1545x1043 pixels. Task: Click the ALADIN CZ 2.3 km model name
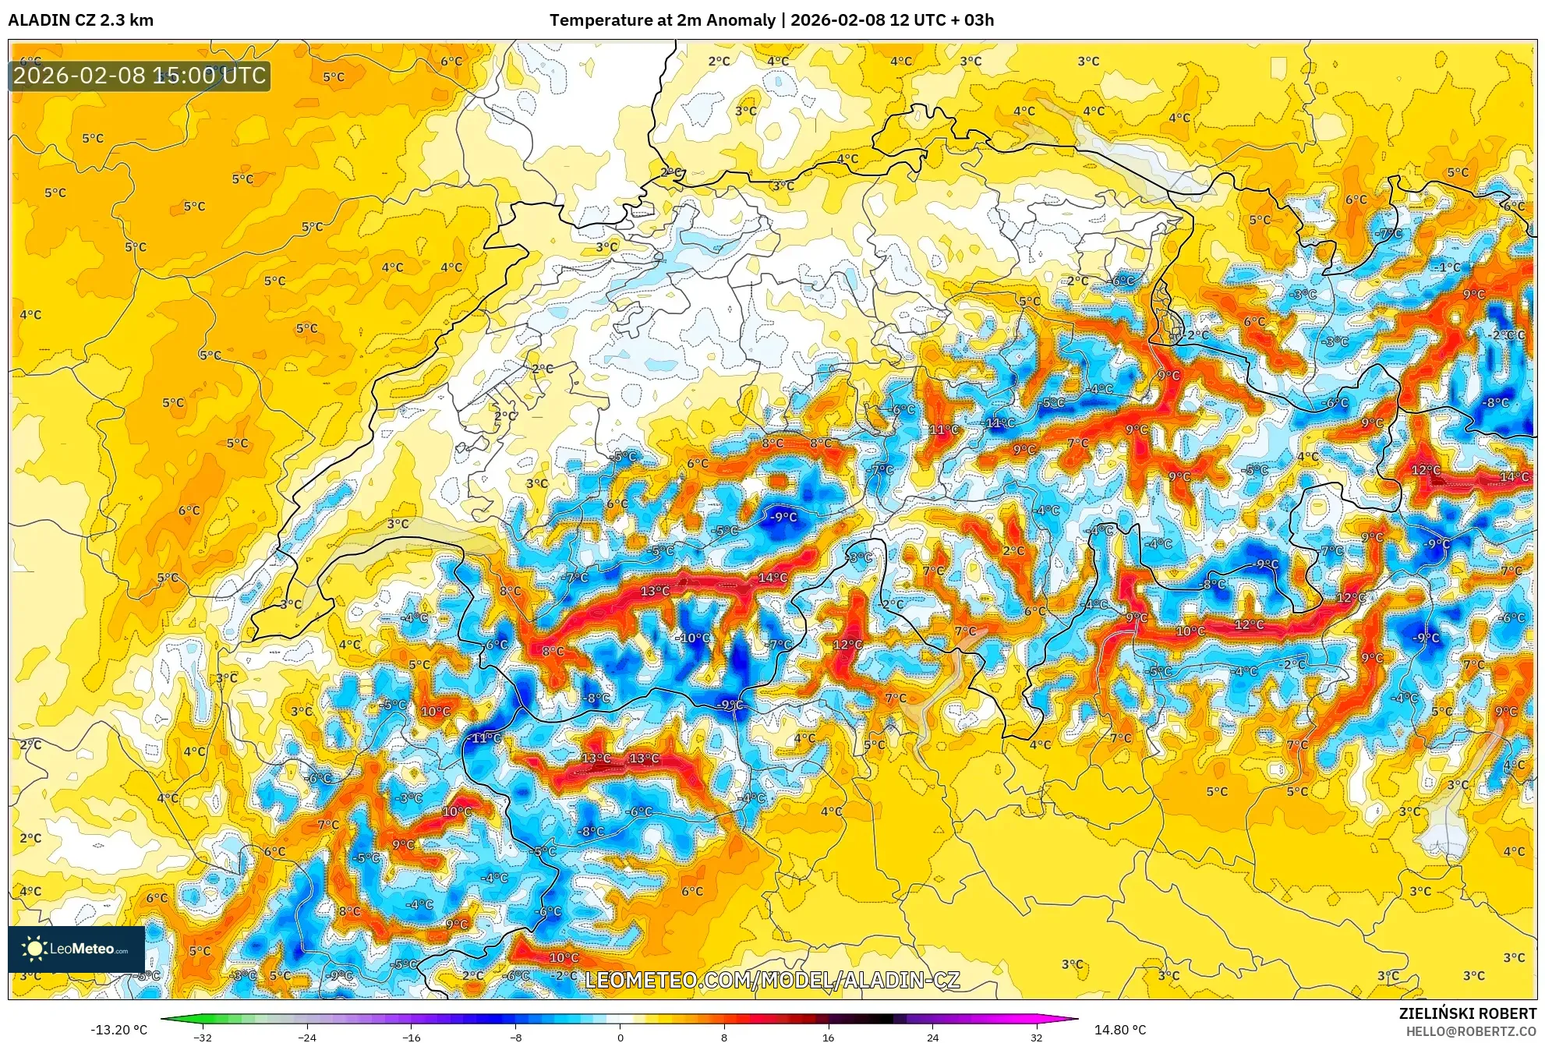tap(81, 20)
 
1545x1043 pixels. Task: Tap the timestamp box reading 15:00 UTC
tap(140, 76)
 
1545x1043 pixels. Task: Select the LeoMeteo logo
tap(76, 949)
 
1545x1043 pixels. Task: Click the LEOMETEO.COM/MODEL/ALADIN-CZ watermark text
tap(772, 980)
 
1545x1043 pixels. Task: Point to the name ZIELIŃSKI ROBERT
tap(1467, 1013)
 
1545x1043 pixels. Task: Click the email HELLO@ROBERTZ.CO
tap(1471, 1031)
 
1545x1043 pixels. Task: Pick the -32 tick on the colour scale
tap(203, 1037)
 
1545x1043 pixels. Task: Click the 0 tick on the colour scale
tap(620, 1037)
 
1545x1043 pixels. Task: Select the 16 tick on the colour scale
tap(828, 1037)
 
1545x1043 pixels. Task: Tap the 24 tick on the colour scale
tap(932, 1037)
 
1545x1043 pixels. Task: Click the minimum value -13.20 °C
tap(118, 1030)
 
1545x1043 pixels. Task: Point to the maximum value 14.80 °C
tap(1120, 1030)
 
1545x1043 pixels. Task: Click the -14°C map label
tap(999, 423)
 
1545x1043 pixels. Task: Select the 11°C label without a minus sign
tap(944, 430)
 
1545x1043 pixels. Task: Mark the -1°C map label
tap(1448, 267)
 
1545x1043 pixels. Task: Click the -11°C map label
tap(485, 737)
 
